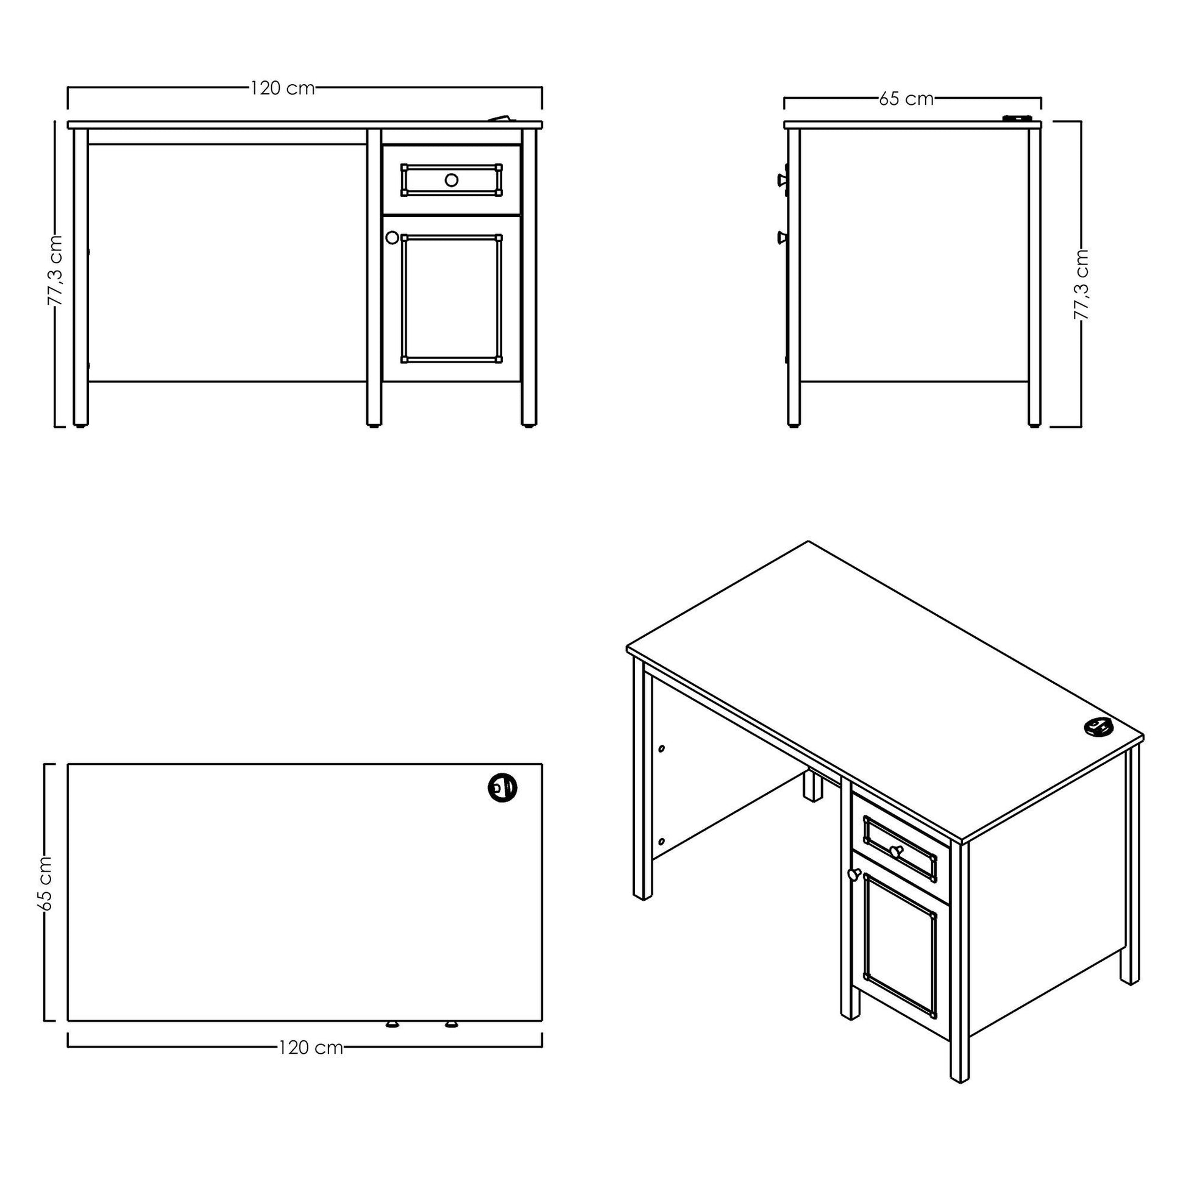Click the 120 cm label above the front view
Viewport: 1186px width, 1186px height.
click(x=282, y=88)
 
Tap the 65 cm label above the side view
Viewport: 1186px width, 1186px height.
click(x=906, y=98)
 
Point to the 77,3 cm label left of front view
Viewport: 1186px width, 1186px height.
click(x=55, y=269)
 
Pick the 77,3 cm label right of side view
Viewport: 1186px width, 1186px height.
click(x=1081, y=284)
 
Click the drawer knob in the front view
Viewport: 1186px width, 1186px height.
click(x=451, y=180)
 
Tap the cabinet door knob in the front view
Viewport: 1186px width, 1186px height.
click(x=392, y=238)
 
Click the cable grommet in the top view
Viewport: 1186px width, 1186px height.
click(x=502, y=786)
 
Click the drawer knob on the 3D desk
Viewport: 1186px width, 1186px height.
click(x=896, y=851)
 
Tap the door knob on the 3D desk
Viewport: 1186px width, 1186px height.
click(x=853, y=874)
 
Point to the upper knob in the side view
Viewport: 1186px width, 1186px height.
click(x=783, y=180)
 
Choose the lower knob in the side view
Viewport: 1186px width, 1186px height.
click(x=783, y=238)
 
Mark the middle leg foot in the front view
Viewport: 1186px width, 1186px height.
click(x=373, y=424)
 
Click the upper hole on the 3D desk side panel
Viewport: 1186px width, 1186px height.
click(x=661, y=748)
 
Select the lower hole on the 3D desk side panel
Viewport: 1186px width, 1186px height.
click(x=661, y=841)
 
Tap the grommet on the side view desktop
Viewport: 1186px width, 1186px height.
click(x=1016, y=118)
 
